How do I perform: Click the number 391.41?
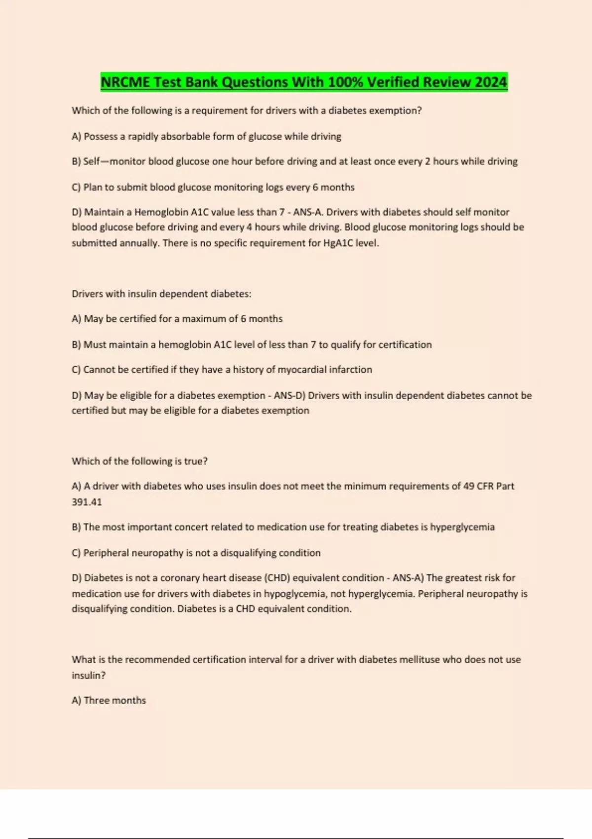tap(87, 502)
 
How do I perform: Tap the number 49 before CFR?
tap(469, 486)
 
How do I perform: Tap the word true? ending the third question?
tap(196, 461)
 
